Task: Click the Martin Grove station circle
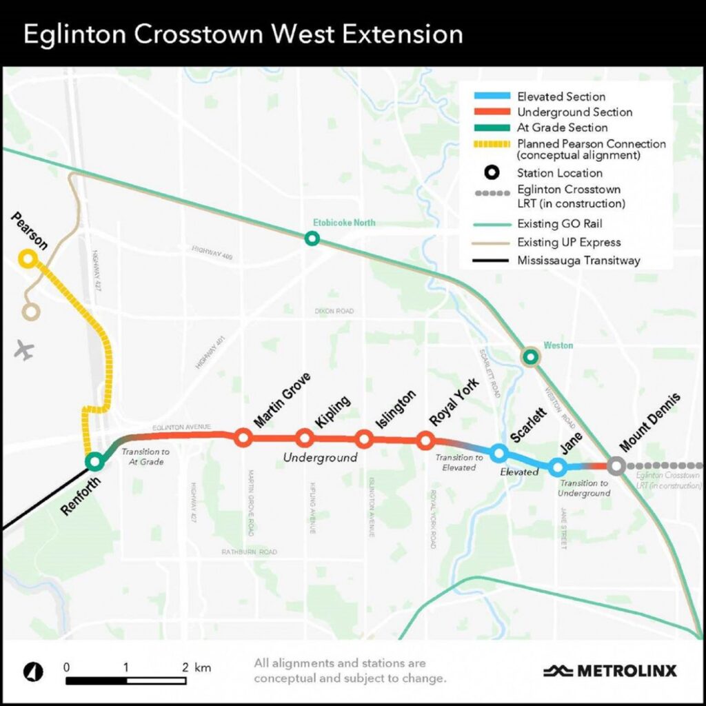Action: tap(243, 436)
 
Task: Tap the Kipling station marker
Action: tap(304, 438)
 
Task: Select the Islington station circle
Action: tap(365, 438)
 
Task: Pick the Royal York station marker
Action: tap(425, 439)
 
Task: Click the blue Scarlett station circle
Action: tap(499, 453)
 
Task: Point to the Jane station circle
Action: tap(558, 467)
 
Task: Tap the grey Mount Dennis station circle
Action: tap(616, 466)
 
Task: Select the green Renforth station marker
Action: tap(94, 461)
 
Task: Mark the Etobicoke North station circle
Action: tap(312, 239)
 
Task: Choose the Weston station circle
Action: tap(530, 356)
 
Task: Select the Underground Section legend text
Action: tap(574, 112)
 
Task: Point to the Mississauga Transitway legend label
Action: tap(578, 261)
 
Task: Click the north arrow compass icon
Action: tap(33, 670)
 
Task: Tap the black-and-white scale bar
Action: tap(126, 680)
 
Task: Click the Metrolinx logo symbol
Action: tap(558, 670)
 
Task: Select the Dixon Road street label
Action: tap(334, 312)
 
